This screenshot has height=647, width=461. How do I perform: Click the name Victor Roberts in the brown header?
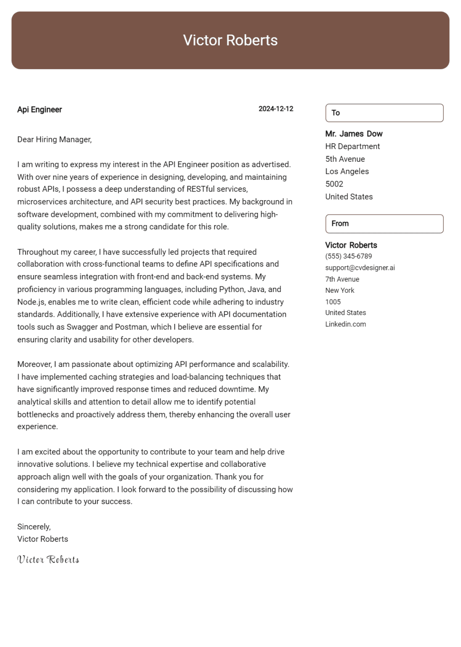pyautogui.click(x=230, y=40)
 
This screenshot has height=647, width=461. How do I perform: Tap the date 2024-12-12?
pyautogui.click(x=276, y=109)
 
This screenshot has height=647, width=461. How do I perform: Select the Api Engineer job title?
pyautogui.click(x=40, y=110)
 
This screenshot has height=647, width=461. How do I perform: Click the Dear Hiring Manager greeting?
pyautogui.click(x=54, y=139)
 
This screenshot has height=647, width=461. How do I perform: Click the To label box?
pyautogui.click(x=384, y=113)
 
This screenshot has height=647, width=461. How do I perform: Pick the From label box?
pyautogui.click(x=384, y=224)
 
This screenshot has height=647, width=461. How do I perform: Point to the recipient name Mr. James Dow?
pyautogui.click(x=354, y=134)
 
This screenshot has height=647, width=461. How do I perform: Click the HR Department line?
pyautogui.click(x=352, y=147)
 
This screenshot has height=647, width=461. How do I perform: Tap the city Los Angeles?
pyautogui.click(x=347, y=171)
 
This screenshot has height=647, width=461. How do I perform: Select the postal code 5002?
pyautogui.click(x=334, y=184)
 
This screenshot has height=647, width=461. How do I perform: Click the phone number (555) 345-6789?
pyautogui.click(x=349, y=256)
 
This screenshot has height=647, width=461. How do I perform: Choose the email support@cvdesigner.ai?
pyautogui.click(x=360, y=267)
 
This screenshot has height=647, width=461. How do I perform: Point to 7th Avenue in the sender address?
pyautogui.click(x=342, y=279)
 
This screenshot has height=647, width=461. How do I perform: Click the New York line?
pyautogui.click(x=340, y=290)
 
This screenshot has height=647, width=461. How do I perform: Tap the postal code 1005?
pyautogui.click(x=333, y=302)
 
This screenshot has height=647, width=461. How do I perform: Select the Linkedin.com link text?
pyautogui.click(x=345, y=324)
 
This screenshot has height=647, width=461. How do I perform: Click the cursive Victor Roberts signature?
pyautogui.click(x=48, y=560)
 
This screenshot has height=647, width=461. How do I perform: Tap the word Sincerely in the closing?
pyautogui.click(x=34, y=527)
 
